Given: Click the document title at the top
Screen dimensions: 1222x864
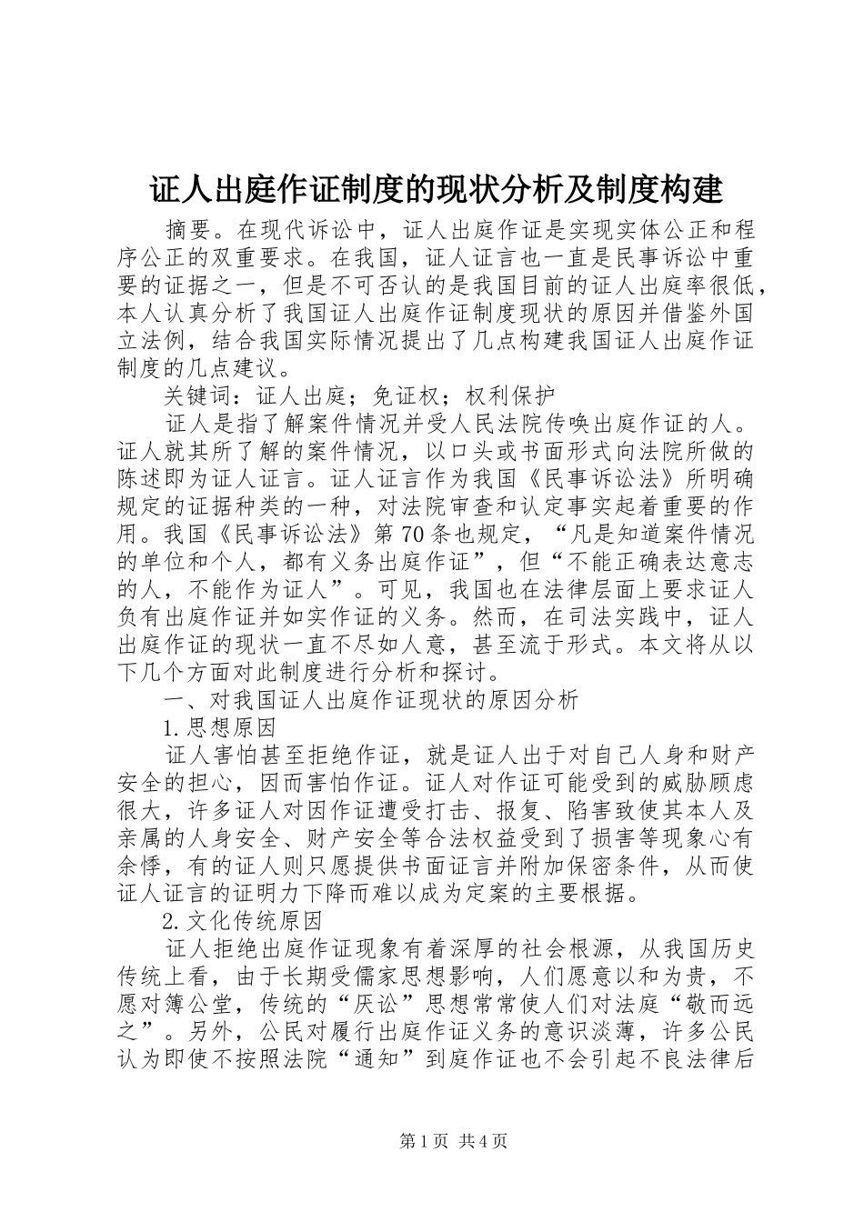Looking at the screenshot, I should click(436, 190).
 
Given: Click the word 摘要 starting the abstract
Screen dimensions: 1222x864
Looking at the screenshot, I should click(186, 228).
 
